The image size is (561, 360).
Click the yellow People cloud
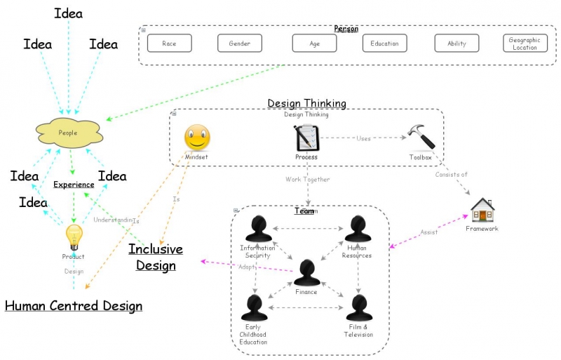coord(69,132)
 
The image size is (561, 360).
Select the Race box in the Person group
coord(169,44)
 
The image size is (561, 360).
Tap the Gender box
coord(239,44)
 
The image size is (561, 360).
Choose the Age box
coord(314,44)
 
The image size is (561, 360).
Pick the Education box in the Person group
coord(384,44)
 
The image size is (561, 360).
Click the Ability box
coord(457,44)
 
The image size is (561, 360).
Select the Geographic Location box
coord(525,44)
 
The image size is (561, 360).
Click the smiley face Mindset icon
coord(197,138)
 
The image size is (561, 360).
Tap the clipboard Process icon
coord(307,138)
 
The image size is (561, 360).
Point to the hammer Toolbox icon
coord(422,138)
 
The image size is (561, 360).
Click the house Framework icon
coord(482,210)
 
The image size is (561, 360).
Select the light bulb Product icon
coord(74,237)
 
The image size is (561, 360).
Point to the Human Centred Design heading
coord(74,306)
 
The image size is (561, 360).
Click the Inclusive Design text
coord(156,257)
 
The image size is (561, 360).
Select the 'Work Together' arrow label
coord(307,180)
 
